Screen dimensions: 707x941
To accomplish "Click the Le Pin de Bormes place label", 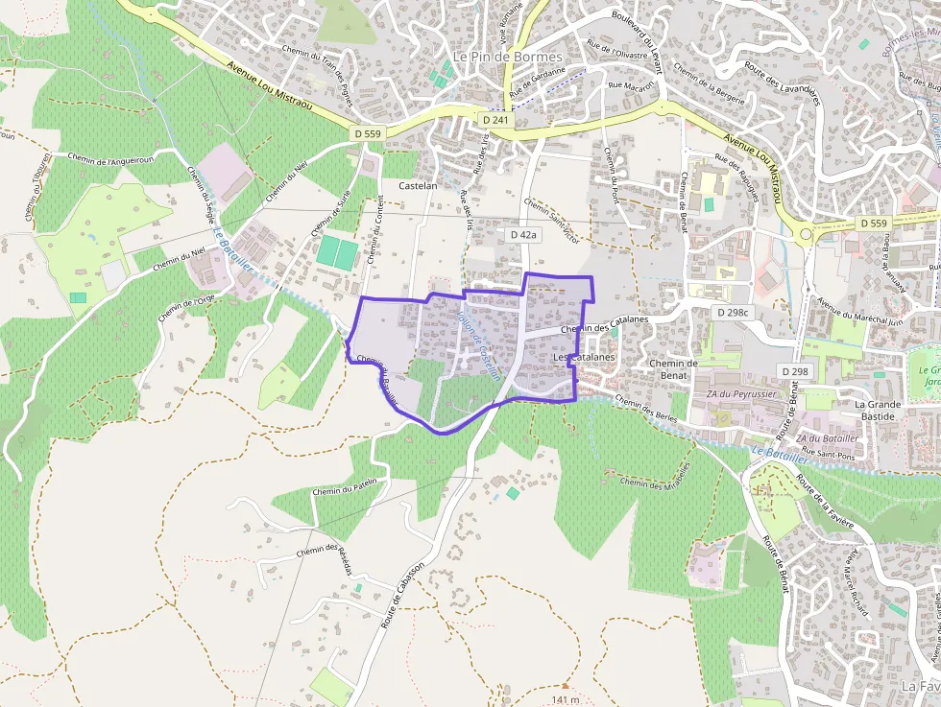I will (508, 57).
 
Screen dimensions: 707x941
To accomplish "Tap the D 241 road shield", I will (496, 121).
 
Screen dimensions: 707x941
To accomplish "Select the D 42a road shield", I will (523, 234).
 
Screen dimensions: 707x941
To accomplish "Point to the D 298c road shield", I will (733, 313).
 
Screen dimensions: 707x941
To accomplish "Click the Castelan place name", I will (418, 185).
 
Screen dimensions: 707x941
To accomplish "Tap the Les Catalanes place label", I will (584, 357).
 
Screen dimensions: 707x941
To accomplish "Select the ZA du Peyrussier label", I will (741, 393).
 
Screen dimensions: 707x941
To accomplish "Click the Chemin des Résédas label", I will (325, 563).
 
